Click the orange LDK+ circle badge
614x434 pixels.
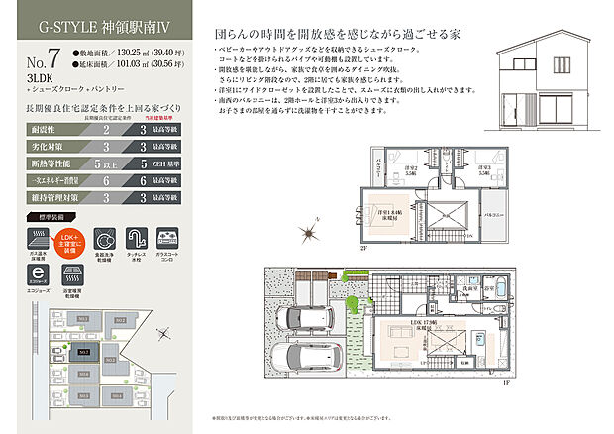(67, 240)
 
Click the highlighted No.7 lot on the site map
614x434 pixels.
(85, 351)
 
